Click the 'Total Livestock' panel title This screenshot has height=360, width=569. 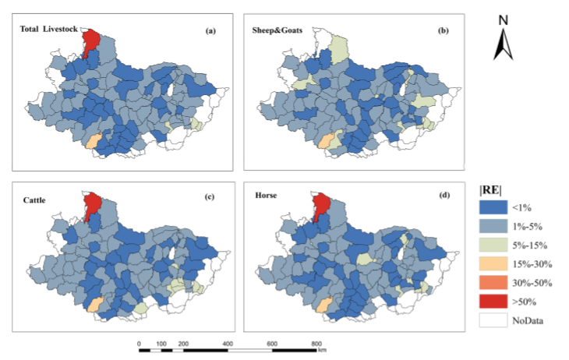click(49, 30)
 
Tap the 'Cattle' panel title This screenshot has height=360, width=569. click(36, 199)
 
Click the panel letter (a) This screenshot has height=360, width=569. click(210, 30)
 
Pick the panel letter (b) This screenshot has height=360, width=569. click(444, 30)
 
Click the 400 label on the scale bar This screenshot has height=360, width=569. click(228, 343)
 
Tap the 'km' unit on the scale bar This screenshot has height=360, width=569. click(321, 351)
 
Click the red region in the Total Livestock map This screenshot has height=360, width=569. click(90, 41)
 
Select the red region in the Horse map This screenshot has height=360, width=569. click(320, 206)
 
